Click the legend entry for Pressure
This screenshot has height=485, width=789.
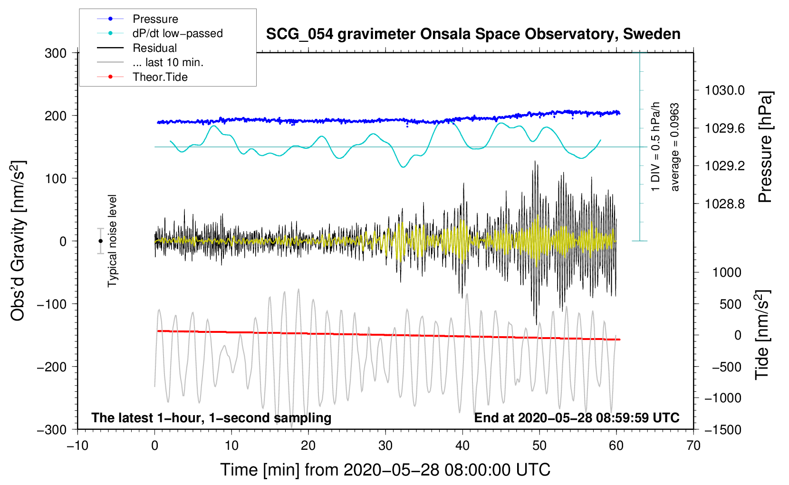[155, 19]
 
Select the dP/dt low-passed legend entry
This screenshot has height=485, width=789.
[177, 33]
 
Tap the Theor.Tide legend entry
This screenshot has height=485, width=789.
[160, 77]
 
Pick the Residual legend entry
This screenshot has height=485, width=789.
[154, 48]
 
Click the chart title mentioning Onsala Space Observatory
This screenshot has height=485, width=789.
[473, 34]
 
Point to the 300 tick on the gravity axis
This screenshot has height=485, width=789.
[56, 53]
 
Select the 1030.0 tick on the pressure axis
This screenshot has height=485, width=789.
[724, 90]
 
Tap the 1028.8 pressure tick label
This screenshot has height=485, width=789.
[724, 204]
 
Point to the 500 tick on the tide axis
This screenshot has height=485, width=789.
[730, 304]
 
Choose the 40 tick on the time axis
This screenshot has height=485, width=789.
[462, 446]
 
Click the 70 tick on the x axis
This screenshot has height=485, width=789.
[693, 446]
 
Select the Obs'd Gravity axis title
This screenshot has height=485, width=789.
[18, 241]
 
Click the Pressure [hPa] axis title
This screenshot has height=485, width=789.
[765, 147]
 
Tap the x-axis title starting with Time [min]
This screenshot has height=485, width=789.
[385, 470]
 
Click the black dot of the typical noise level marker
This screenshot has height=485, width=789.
[101, 241]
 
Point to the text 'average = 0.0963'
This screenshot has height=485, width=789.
[675, 147]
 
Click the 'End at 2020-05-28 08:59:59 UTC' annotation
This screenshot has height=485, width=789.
[577, 418]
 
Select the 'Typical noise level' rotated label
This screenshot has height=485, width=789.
[112, 241]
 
